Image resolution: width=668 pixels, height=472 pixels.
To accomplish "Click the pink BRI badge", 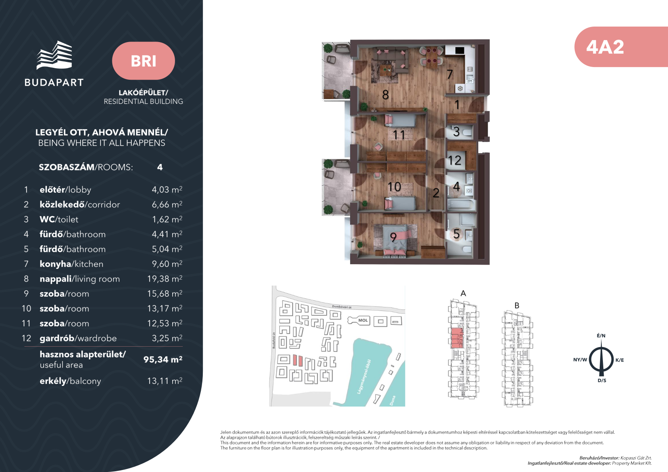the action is pos(143,61).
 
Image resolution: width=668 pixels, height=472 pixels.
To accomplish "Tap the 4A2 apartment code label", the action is pos(605,47).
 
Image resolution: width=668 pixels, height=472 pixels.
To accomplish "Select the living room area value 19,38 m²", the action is pos(165,278).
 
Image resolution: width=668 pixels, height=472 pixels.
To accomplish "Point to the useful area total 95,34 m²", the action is pos(163,359).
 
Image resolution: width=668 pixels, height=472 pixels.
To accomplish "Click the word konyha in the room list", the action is pos(56,264).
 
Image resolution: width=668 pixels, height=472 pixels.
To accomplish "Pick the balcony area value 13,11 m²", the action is pos(165,381).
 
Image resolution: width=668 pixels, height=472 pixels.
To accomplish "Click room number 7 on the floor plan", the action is pos(450,74).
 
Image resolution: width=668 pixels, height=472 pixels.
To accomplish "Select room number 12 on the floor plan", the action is pos(455,161).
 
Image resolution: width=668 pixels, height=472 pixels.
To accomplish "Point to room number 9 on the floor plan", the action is pos(393,238).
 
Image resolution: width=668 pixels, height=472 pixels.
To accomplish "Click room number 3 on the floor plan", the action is pos(456,132).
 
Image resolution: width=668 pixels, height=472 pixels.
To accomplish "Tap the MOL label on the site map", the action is pos(363,320).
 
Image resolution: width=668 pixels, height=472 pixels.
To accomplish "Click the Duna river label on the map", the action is pos(393,400).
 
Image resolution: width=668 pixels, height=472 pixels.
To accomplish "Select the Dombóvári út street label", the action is pos(342,307).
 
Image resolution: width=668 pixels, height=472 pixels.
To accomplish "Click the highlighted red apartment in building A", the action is pos(456,338).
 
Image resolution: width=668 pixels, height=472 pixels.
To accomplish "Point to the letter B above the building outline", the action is pos(517,305).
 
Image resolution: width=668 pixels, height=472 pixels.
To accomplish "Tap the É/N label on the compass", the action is pos(601,336).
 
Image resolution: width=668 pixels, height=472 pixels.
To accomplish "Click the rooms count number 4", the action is pos(160,167).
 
